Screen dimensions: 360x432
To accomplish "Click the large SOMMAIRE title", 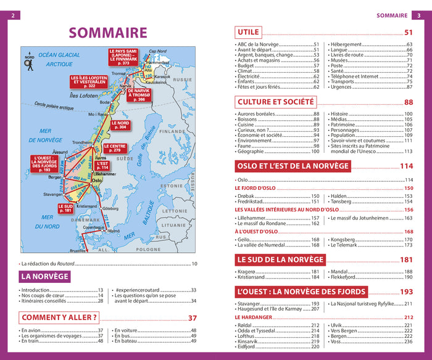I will tap(107, 33).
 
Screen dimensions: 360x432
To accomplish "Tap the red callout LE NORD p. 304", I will tap(120, 125).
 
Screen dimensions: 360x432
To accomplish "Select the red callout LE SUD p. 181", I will tap(66, 208).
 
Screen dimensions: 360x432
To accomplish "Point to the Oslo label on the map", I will tap(96, 181).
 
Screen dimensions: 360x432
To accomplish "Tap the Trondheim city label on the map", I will tap(82, 142).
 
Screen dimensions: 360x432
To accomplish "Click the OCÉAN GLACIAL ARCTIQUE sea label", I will tap(59, 59).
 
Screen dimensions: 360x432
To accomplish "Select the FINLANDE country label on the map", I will tap(172, 131).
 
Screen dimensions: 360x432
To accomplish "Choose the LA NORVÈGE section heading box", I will tap(45, 277).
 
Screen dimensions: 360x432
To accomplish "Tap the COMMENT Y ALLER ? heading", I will tap(60, 318).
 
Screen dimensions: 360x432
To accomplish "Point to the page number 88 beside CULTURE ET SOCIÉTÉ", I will tap(409, 102).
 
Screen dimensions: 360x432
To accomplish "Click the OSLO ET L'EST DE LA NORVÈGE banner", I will tap(293, 166).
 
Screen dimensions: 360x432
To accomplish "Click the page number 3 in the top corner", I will tap(418, 15).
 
